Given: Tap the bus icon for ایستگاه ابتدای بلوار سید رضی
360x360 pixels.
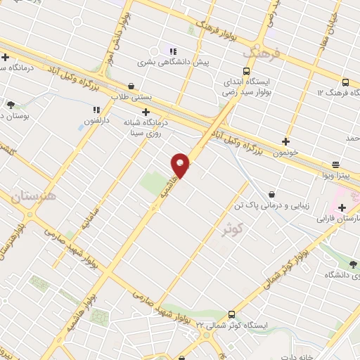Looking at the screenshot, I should click(246, 71).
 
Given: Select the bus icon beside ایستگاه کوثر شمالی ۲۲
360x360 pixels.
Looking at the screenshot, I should click(233, 315).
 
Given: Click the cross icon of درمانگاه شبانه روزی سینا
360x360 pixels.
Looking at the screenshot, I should click(146, 112).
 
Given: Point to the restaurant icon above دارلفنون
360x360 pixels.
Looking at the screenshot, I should click(97, 110).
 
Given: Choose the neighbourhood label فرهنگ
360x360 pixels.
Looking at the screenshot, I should click(262, 52).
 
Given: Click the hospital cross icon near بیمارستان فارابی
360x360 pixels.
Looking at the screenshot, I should click(342, 207).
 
